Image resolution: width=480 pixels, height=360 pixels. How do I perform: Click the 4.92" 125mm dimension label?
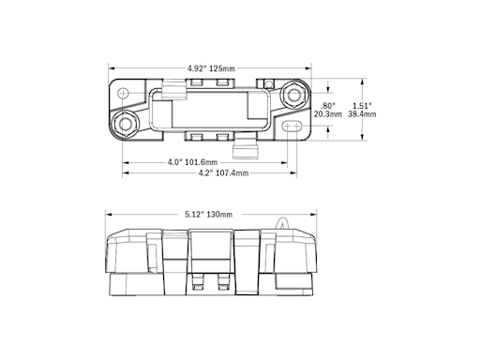[211, 68]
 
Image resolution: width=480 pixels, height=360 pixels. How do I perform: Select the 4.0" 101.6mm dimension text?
[191, 161]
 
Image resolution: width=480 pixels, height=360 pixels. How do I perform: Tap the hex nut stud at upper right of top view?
[293, 95]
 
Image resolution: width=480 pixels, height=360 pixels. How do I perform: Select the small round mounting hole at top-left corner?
[121, 90]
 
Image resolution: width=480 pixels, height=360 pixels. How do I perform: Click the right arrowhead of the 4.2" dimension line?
[299, 172]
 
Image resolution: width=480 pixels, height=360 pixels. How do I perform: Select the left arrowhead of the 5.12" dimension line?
[107, 214]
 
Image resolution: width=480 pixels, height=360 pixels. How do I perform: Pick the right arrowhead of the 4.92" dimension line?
[309, 68]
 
